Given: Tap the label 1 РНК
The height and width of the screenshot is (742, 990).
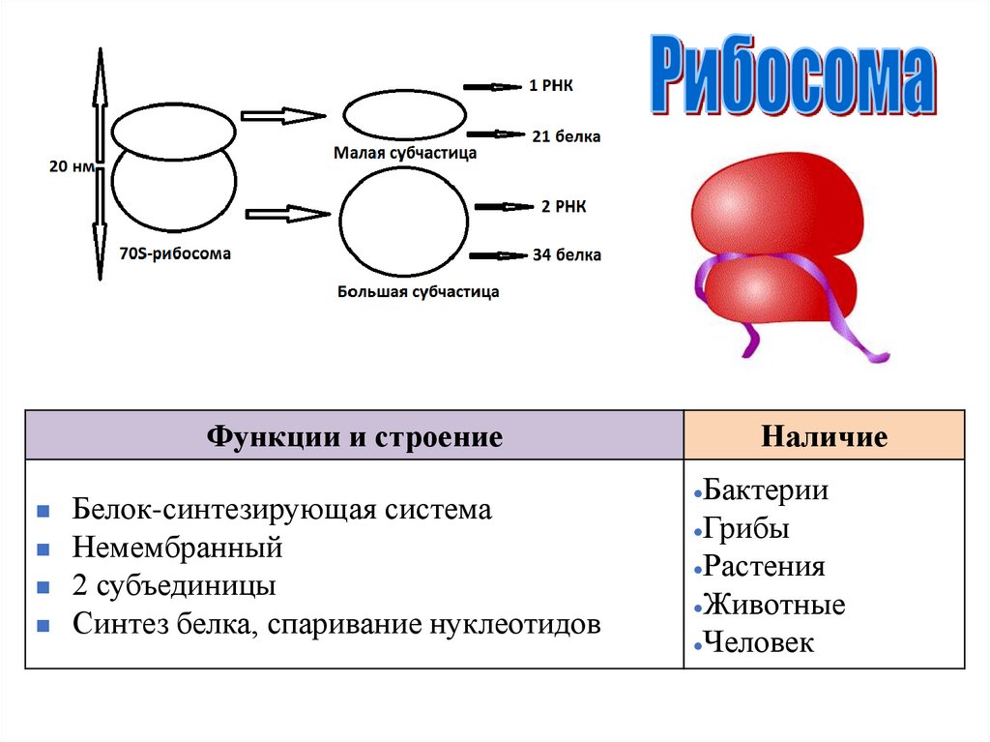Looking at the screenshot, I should click(x=551, y=86).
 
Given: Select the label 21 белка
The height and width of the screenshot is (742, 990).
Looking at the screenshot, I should click(x=566, y=136).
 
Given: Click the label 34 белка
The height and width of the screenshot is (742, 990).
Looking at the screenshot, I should click(x=567, y=255).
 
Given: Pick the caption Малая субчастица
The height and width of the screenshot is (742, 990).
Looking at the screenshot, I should click(x=405, y=152).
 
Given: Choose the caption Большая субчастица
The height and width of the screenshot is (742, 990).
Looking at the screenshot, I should click(x=419, y=290).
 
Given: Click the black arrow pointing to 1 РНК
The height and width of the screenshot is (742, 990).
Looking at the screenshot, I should click(x=490, y=87).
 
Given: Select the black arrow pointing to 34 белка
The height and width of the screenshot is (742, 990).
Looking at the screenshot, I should click(x=498, y=255).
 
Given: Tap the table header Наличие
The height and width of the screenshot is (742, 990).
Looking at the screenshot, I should click(x=824, y=437).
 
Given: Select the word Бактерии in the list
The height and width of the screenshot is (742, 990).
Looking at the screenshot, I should click(x=765, y=490).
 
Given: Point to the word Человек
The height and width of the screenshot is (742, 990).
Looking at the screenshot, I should click(x=759, y=642).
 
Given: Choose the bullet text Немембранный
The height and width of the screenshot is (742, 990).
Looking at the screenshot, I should click(x=177, y=549).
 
